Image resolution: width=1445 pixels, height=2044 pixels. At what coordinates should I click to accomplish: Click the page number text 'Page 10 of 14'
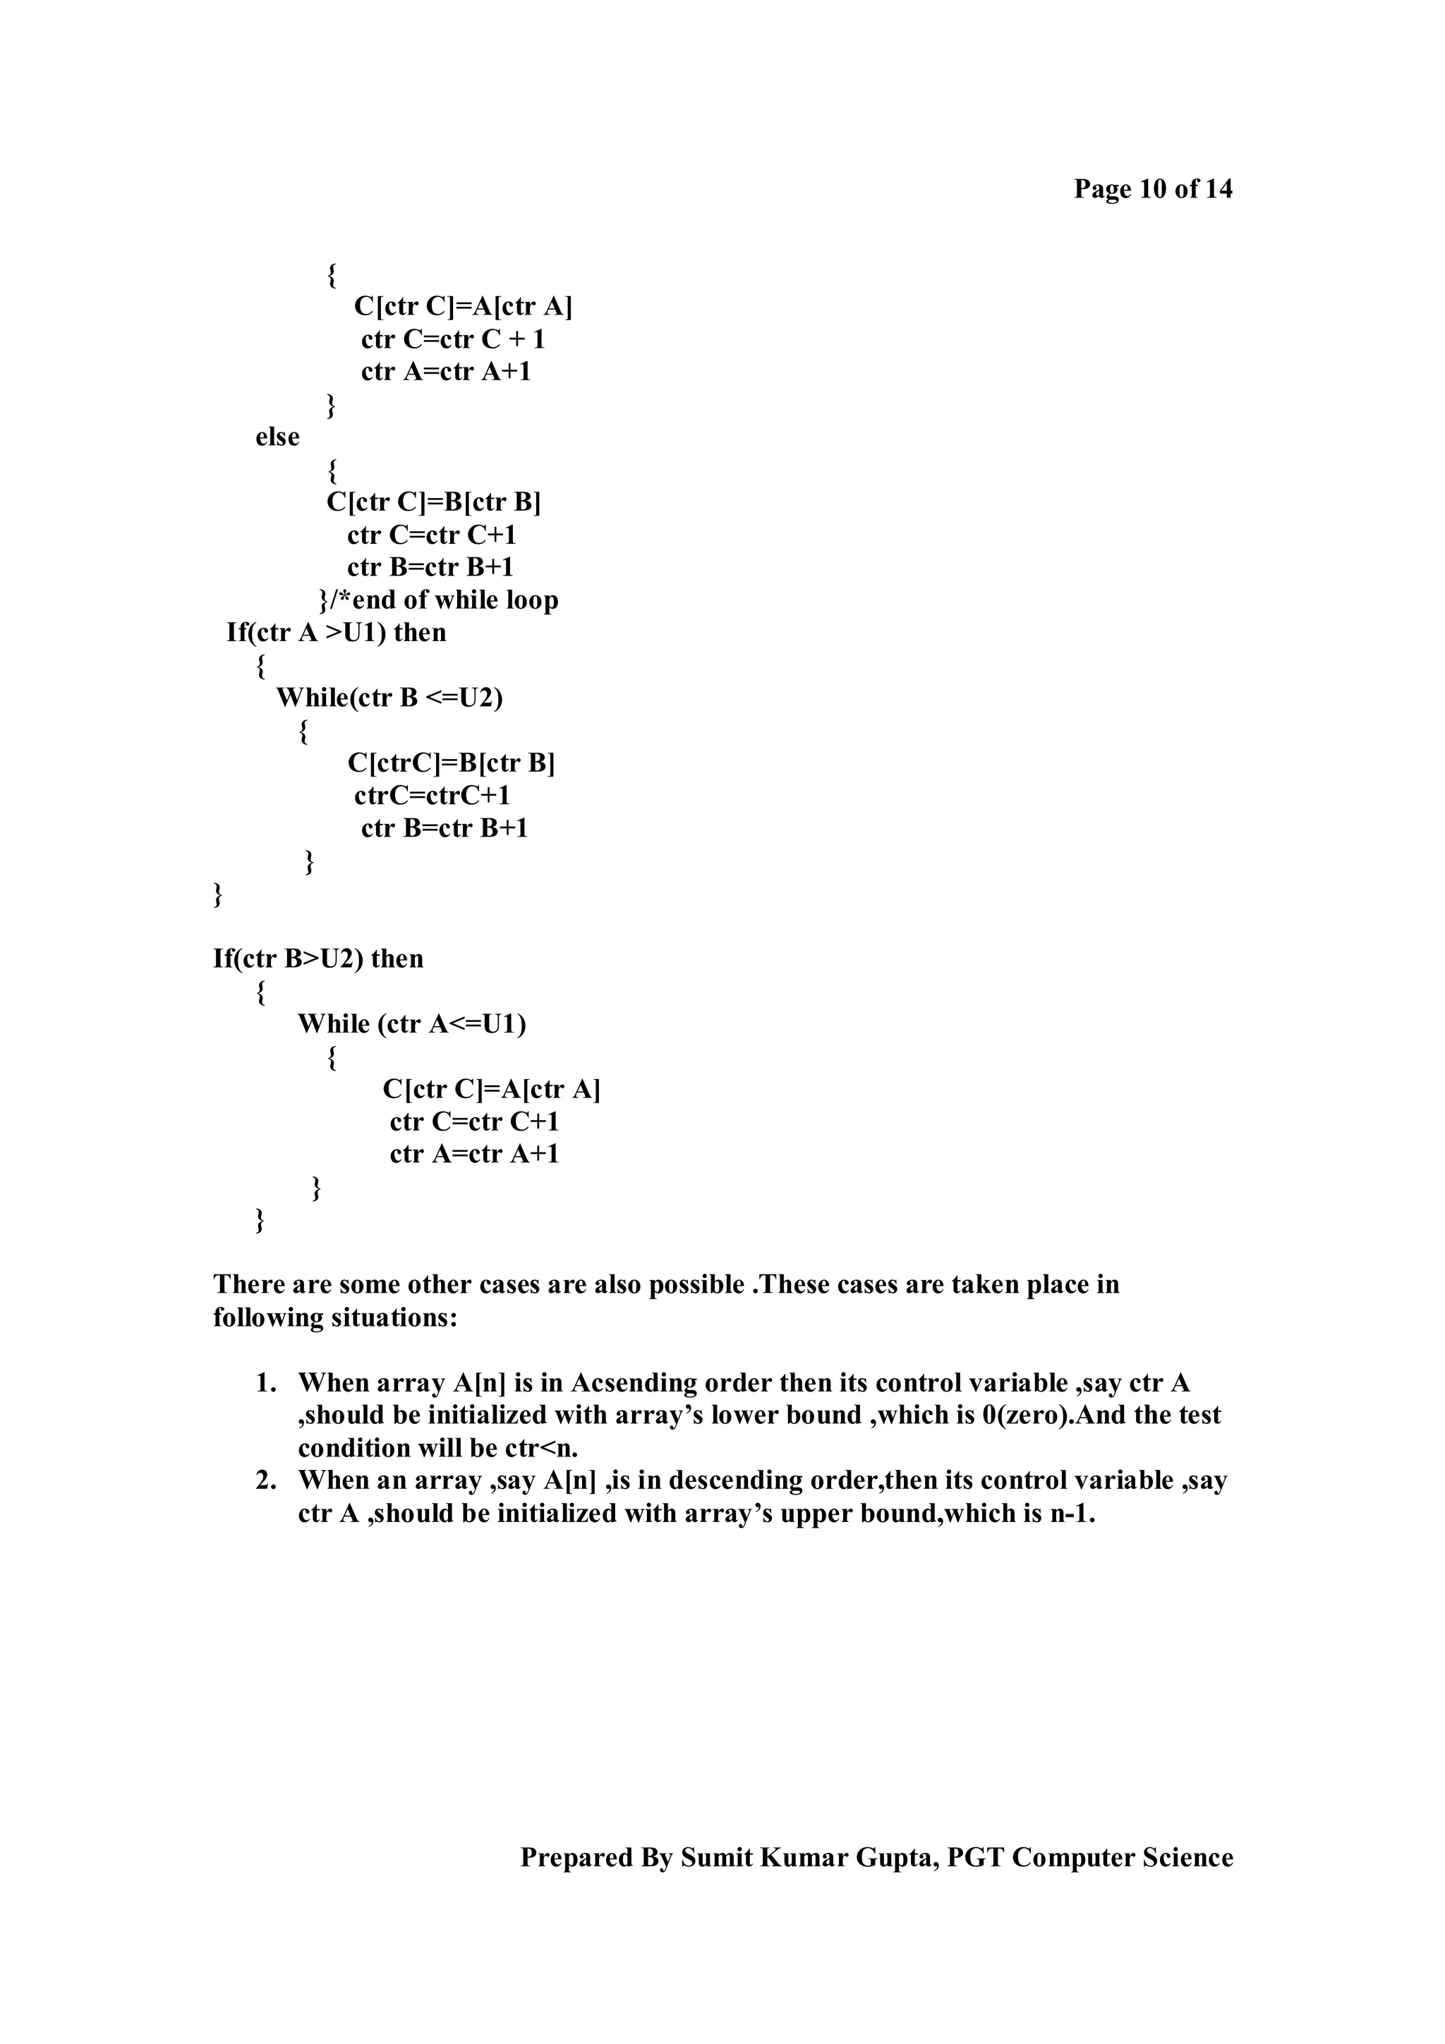pos(1152,190)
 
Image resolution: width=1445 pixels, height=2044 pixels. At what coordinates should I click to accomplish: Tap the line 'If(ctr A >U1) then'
pos(337,633)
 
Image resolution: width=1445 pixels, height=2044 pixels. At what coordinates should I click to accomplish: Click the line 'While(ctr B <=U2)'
pos(389,698)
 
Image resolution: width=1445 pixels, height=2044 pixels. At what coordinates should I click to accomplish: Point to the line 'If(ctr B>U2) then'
pos(318,959)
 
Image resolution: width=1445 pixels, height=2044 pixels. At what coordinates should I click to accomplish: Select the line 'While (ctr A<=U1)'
pos(411,1025)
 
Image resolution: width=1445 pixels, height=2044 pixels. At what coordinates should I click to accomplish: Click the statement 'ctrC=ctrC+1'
pos(432,796)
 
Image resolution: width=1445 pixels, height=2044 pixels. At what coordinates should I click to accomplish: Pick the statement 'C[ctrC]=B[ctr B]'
pos(451,763)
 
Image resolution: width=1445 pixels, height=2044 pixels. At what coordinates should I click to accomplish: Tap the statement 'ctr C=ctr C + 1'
pos(452,340)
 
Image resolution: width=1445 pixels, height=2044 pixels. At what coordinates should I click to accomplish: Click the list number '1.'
pos(265,1383)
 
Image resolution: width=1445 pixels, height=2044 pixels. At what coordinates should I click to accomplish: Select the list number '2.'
pos(265,1480)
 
